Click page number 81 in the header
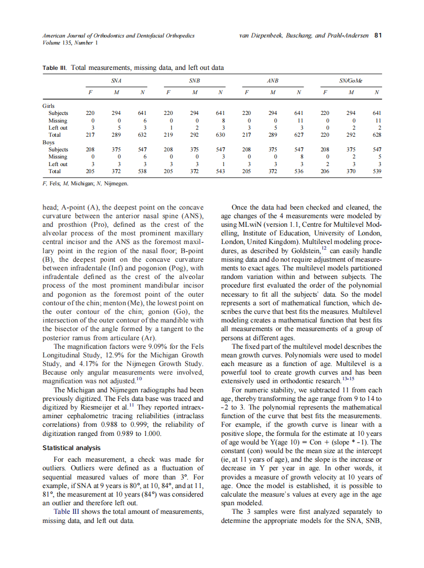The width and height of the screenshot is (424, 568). [377, 36]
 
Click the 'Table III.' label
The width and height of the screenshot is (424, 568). [55, 67]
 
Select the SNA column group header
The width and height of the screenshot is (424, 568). [116, 80]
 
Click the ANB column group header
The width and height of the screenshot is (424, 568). [273, 80]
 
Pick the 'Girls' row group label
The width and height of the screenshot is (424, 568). [49, 106]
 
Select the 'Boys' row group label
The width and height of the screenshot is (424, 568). [48, 142]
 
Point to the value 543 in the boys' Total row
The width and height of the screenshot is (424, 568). [220, 171]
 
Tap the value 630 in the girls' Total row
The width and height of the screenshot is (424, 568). [220, 135]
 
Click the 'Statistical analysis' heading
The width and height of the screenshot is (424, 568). [71, 448]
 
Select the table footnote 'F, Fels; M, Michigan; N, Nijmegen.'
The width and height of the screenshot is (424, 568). [86, 183]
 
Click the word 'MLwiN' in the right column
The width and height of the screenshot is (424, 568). [247, 224]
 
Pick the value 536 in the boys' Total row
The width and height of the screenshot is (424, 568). [299, 171]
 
